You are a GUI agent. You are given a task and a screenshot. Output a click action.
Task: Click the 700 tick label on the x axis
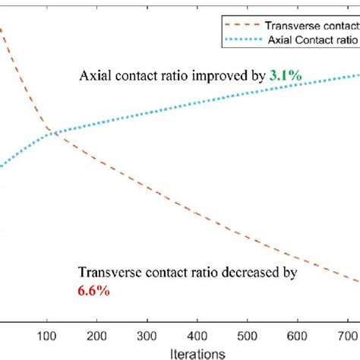pos(351,335)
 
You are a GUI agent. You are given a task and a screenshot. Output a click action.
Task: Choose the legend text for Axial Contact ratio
pos(313,37)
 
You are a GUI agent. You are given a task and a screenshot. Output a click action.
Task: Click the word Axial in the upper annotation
pos(95,76)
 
